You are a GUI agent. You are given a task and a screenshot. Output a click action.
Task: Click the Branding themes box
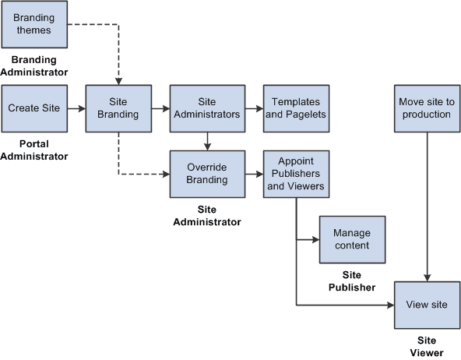(x=34, y=25)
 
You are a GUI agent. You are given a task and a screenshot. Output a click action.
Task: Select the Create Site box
(x=34, y=108)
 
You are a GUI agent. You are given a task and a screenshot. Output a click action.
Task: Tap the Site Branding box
(x=118, y=108)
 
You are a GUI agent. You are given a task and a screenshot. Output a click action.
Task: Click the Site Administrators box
(x=206, y=108)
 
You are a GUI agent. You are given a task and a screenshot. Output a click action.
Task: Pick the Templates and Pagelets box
(x=296, y=108)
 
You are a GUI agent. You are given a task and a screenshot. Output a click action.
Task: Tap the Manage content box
(x=352, y=239)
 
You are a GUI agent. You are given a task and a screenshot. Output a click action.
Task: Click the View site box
(x=427, y=304)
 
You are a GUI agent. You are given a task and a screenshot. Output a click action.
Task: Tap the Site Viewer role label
(x=427, y=346)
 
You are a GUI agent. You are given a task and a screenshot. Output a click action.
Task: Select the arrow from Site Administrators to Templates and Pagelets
(x=252, y=109)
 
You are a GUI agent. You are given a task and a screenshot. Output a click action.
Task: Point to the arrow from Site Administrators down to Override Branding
(x=206, y=140)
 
